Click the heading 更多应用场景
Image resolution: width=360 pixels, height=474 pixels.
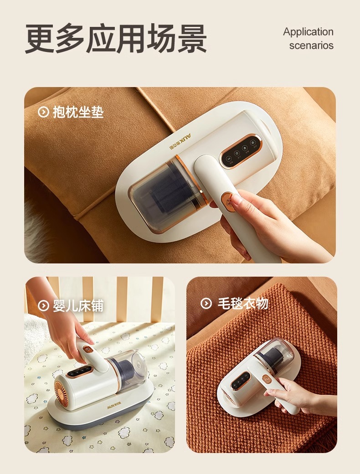(116, 39)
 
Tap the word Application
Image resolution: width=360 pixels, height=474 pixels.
(308, 32)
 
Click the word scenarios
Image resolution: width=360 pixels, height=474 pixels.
(311, 45)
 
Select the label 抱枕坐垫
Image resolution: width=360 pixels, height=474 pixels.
(78, 112)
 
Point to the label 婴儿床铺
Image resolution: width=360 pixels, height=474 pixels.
(78, 306)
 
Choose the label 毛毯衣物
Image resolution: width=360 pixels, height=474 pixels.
(243, 303)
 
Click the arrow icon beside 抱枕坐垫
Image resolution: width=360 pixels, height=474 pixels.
(43, 112)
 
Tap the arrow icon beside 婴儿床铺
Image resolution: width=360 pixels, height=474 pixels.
(43, 306)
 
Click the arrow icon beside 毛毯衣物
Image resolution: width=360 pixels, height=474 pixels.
(206, 303)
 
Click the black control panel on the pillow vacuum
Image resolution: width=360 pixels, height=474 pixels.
(239, 150)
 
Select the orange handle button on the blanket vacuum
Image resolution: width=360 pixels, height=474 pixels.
(267, 378)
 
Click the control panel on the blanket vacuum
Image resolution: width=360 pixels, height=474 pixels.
(241, 380)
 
